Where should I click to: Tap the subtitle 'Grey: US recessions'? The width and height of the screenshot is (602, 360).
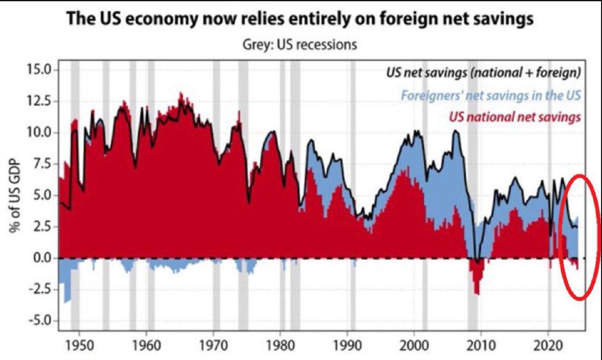coord(300,45)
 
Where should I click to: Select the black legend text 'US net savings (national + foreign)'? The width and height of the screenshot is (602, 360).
coord(483,73)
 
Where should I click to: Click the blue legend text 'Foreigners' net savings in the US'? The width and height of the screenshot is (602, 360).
coord(491,95)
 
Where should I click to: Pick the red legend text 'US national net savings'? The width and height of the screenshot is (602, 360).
coord(515,117)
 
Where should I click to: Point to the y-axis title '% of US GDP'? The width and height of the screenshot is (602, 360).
coord(15,196)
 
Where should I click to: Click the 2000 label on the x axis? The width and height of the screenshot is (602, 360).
coord(414,347)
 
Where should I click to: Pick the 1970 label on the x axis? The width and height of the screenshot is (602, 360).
coord(213,347)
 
